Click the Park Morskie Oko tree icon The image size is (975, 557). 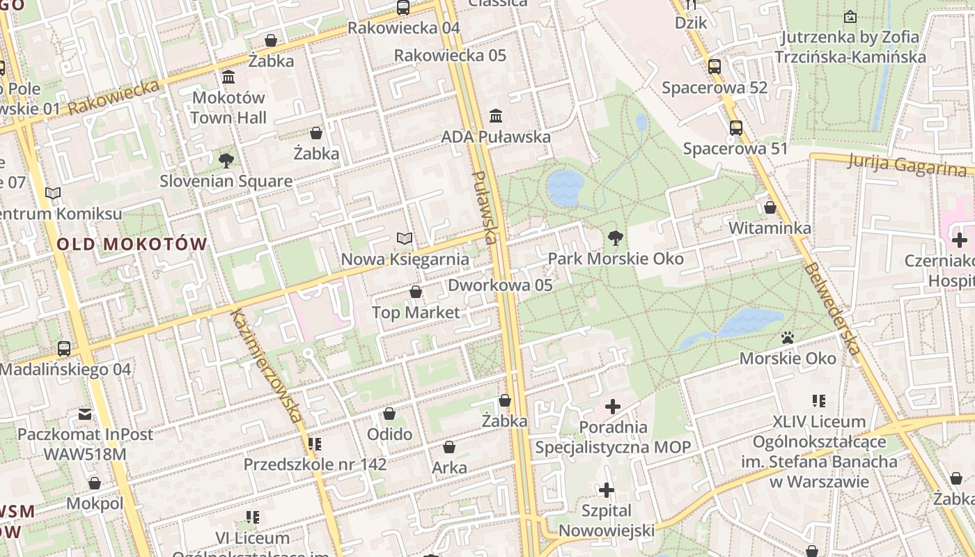(615, 238)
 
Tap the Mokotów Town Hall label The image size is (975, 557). (228, 107)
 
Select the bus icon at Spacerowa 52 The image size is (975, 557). (715, 67)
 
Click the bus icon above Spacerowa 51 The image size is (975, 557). (736, 128)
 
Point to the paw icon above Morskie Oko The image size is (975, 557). (788, 338)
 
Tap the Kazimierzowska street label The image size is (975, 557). (267, 365)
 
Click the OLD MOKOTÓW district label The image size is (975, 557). (132, 244)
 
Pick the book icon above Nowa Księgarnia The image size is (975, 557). (405, 239)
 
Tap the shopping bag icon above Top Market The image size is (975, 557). (416, 292)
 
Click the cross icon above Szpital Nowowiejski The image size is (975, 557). (607, 490)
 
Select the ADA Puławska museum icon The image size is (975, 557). (496, 116)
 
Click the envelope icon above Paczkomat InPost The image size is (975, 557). (85, 414)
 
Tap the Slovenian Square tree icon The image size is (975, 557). (226, 161)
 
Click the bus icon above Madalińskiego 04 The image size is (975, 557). (64, 348)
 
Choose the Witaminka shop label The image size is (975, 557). (770, 228)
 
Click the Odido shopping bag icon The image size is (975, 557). (389, 414)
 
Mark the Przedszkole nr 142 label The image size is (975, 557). (315, 464)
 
